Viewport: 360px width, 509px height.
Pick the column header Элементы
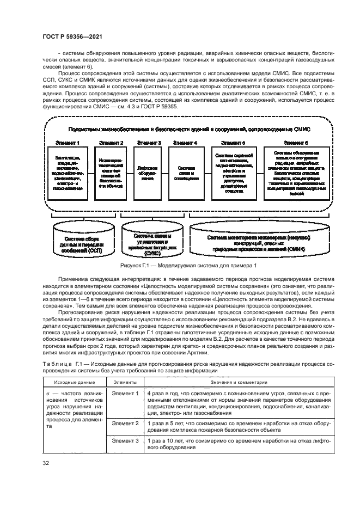[x=124, y=382]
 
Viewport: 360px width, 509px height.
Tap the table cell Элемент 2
[x=125, y=423]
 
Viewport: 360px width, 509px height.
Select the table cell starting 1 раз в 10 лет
[x=237, y=444]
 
